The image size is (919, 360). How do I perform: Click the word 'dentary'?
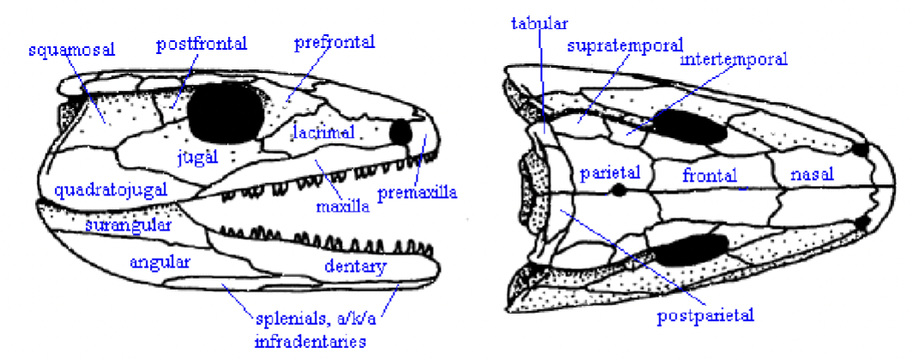point(356,266)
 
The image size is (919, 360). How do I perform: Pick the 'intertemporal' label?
point(734,60)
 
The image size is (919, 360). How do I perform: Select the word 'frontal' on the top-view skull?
point(710,175)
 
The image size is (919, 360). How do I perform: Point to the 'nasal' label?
point(813,174)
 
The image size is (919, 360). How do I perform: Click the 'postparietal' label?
point(706,315)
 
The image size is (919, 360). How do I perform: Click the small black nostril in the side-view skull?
point(400,132)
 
